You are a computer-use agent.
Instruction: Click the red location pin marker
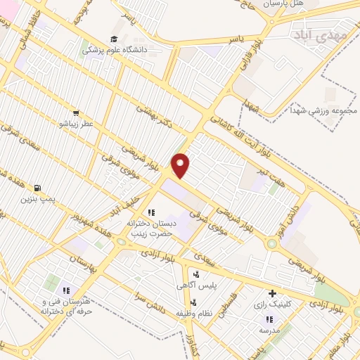coord(181,165)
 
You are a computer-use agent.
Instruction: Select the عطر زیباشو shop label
coord(76,122)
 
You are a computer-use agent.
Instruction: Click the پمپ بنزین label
coord(37,200)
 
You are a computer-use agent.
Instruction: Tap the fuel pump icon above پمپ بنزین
coord(37,188)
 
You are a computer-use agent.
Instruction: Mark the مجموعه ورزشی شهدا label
coord(323,110)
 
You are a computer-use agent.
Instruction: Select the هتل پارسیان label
coord(282,4)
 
